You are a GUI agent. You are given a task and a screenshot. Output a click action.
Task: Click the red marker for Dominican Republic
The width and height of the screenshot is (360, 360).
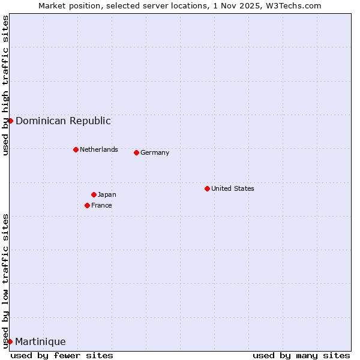pyautogui.click(x=10, y=121)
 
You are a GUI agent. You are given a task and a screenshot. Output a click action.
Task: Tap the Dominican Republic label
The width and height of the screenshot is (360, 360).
pyautogui.click(x=63, y=121)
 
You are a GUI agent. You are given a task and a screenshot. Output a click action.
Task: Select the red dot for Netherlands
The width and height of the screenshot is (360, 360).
pyautogui.click(x=76, y=149)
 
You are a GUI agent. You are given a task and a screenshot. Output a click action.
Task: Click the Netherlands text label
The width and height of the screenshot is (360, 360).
pyautogui.click(x=98, y=149)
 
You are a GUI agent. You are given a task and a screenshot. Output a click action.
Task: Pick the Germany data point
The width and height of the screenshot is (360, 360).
pyautogui.click(x=136, y=152)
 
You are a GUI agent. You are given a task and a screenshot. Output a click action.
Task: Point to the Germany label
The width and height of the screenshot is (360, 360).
pyautogui.click(x=155, y=152)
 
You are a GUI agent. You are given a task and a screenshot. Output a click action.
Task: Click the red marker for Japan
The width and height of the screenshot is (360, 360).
pyautogui.click(x=94, y=194)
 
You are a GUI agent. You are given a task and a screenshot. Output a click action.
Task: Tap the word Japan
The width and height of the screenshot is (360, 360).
pyautogui.click(x=107, y=194)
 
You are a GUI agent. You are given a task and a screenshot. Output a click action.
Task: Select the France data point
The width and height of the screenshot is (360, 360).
pyautogui.click(x=87, y=205)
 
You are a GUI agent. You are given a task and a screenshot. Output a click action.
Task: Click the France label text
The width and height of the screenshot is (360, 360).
pyautogui.click(x=101, y=205)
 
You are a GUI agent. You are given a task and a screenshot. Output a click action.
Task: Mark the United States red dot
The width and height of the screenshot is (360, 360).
pyautogui.click(x=207, y=188)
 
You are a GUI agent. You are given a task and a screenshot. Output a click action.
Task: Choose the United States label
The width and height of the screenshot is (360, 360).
pyautogui.click(x=232, y=188)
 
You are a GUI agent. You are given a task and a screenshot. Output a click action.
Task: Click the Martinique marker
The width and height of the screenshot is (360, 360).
pyautogui.click(x=10, y=341)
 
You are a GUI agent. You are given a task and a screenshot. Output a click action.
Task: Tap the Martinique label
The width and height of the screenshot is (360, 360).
pyautogui.click(x=40, y=341)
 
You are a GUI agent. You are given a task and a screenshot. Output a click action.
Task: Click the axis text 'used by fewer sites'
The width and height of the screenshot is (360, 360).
pyautogui.click(x=62, y=355)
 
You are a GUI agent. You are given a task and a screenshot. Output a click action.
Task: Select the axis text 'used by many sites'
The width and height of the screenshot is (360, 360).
pyautogui.click(x=301, y=355)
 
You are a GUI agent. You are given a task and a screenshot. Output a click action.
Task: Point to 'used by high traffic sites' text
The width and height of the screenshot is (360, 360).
pyautogui.click(x=5, y=85)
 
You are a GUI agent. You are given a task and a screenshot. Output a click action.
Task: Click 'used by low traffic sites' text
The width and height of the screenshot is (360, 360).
pyautogui.click(x=5, y=281)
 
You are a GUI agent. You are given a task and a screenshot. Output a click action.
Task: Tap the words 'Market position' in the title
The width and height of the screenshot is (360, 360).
pyautogui.click(x=67, y=5)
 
